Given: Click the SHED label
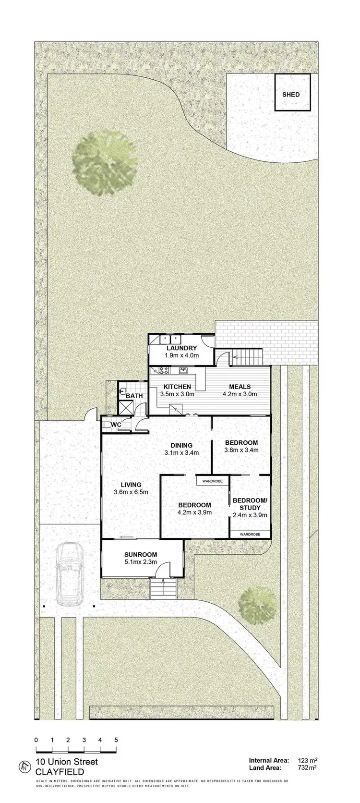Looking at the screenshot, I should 291,95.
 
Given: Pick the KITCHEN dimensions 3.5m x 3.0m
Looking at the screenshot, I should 177,394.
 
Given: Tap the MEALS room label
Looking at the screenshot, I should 240,387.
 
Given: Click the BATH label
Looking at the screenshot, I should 134,396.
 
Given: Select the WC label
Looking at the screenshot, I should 116,425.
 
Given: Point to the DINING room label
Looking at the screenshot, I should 181,445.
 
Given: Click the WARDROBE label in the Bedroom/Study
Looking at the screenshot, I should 250,534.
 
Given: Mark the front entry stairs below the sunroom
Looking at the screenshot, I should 163,588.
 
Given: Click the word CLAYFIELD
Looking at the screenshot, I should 60,772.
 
